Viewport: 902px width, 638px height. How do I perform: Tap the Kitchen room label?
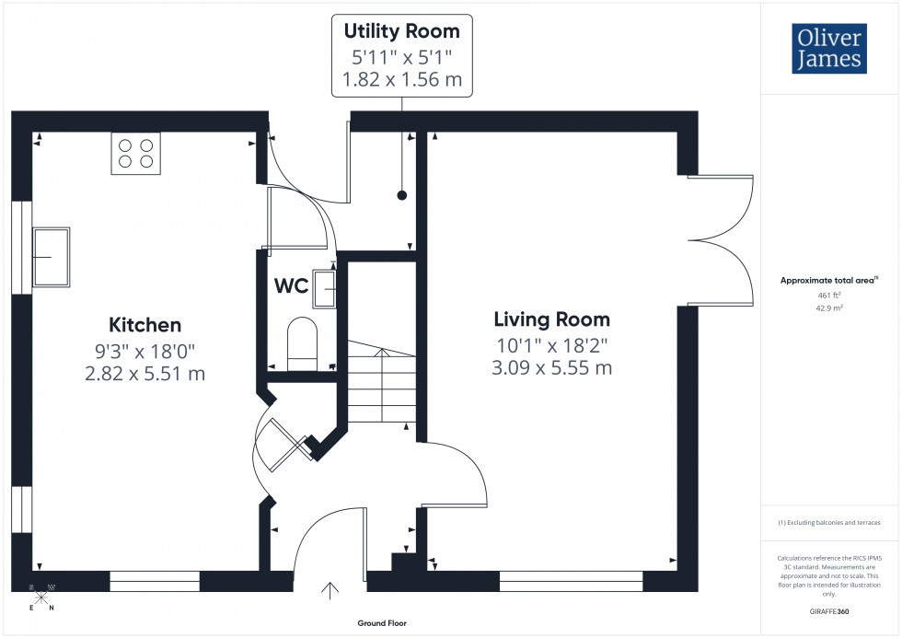point(145,325)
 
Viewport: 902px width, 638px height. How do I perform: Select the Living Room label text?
point(552,320)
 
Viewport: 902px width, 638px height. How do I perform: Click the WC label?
point(291,285)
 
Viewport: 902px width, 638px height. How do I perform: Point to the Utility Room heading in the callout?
point(401,31)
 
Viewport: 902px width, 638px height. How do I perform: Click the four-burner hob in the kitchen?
point(135,153)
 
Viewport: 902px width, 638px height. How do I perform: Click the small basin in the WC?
point(325,288)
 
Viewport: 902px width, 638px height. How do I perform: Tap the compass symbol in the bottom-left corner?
point(41,596)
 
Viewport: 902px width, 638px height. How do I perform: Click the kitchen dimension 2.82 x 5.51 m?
point(145,374)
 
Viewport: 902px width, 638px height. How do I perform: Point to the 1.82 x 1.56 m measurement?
point(401,79)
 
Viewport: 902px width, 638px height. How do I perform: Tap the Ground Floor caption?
point(382,623)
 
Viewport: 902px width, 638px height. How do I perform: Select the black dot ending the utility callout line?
point(402,195)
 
